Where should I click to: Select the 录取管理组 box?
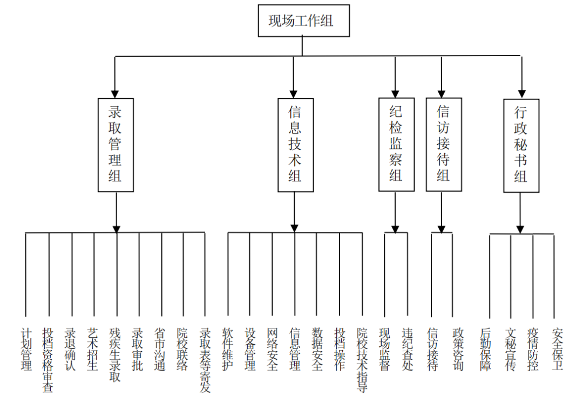116,145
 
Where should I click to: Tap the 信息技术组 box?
295,145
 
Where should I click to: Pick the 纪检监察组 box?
396,144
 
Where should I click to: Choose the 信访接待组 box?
443,144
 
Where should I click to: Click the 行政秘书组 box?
521,145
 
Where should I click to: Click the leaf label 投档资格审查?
49,359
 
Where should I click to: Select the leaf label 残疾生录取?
116,354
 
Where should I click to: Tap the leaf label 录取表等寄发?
205,359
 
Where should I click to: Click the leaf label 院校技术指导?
362,359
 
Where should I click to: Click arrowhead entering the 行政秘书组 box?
521,93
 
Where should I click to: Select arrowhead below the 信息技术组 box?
295,228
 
